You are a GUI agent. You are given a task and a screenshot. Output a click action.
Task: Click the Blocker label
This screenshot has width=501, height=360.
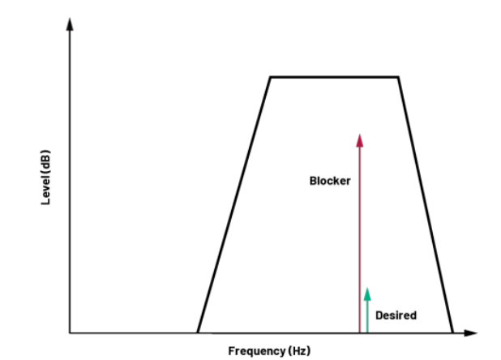click(x=330, y=181)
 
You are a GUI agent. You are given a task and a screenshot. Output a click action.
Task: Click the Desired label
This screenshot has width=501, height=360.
click(x=396, y=315)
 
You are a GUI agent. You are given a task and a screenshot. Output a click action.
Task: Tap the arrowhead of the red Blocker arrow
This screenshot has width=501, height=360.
click(x=359, y=139)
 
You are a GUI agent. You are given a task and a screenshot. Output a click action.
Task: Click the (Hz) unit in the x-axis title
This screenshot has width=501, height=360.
click(x=300, y=350)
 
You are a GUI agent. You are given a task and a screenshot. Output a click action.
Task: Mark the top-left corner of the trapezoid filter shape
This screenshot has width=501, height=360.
click(x=270, y=77)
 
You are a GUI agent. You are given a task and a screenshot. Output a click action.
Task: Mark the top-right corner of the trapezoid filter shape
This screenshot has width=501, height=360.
click(x=399, y=77)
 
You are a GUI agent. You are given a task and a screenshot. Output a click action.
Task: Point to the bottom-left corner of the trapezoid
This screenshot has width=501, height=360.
click(x=198, y=332)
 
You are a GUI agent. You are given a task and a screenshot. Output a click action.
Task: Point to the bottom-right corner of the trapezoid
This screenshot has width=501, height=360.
click(x=452, y=332)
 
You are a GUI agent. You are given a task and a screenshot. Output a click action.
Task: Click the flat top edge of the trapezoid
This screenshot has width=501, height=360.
click(x=334, y=77)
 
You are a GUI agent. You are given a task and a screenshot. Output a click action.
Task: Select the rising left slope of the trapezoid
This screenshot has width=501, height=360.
click(x=233, y=204)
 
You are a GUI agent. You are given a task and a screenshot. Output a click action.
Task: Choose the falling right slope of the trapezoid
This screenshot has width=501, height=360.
click(x=426, y=204)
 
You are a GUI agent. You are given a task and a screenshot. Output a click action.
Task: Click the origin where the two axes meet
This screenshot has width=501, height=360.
click(x=70, y=332)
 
